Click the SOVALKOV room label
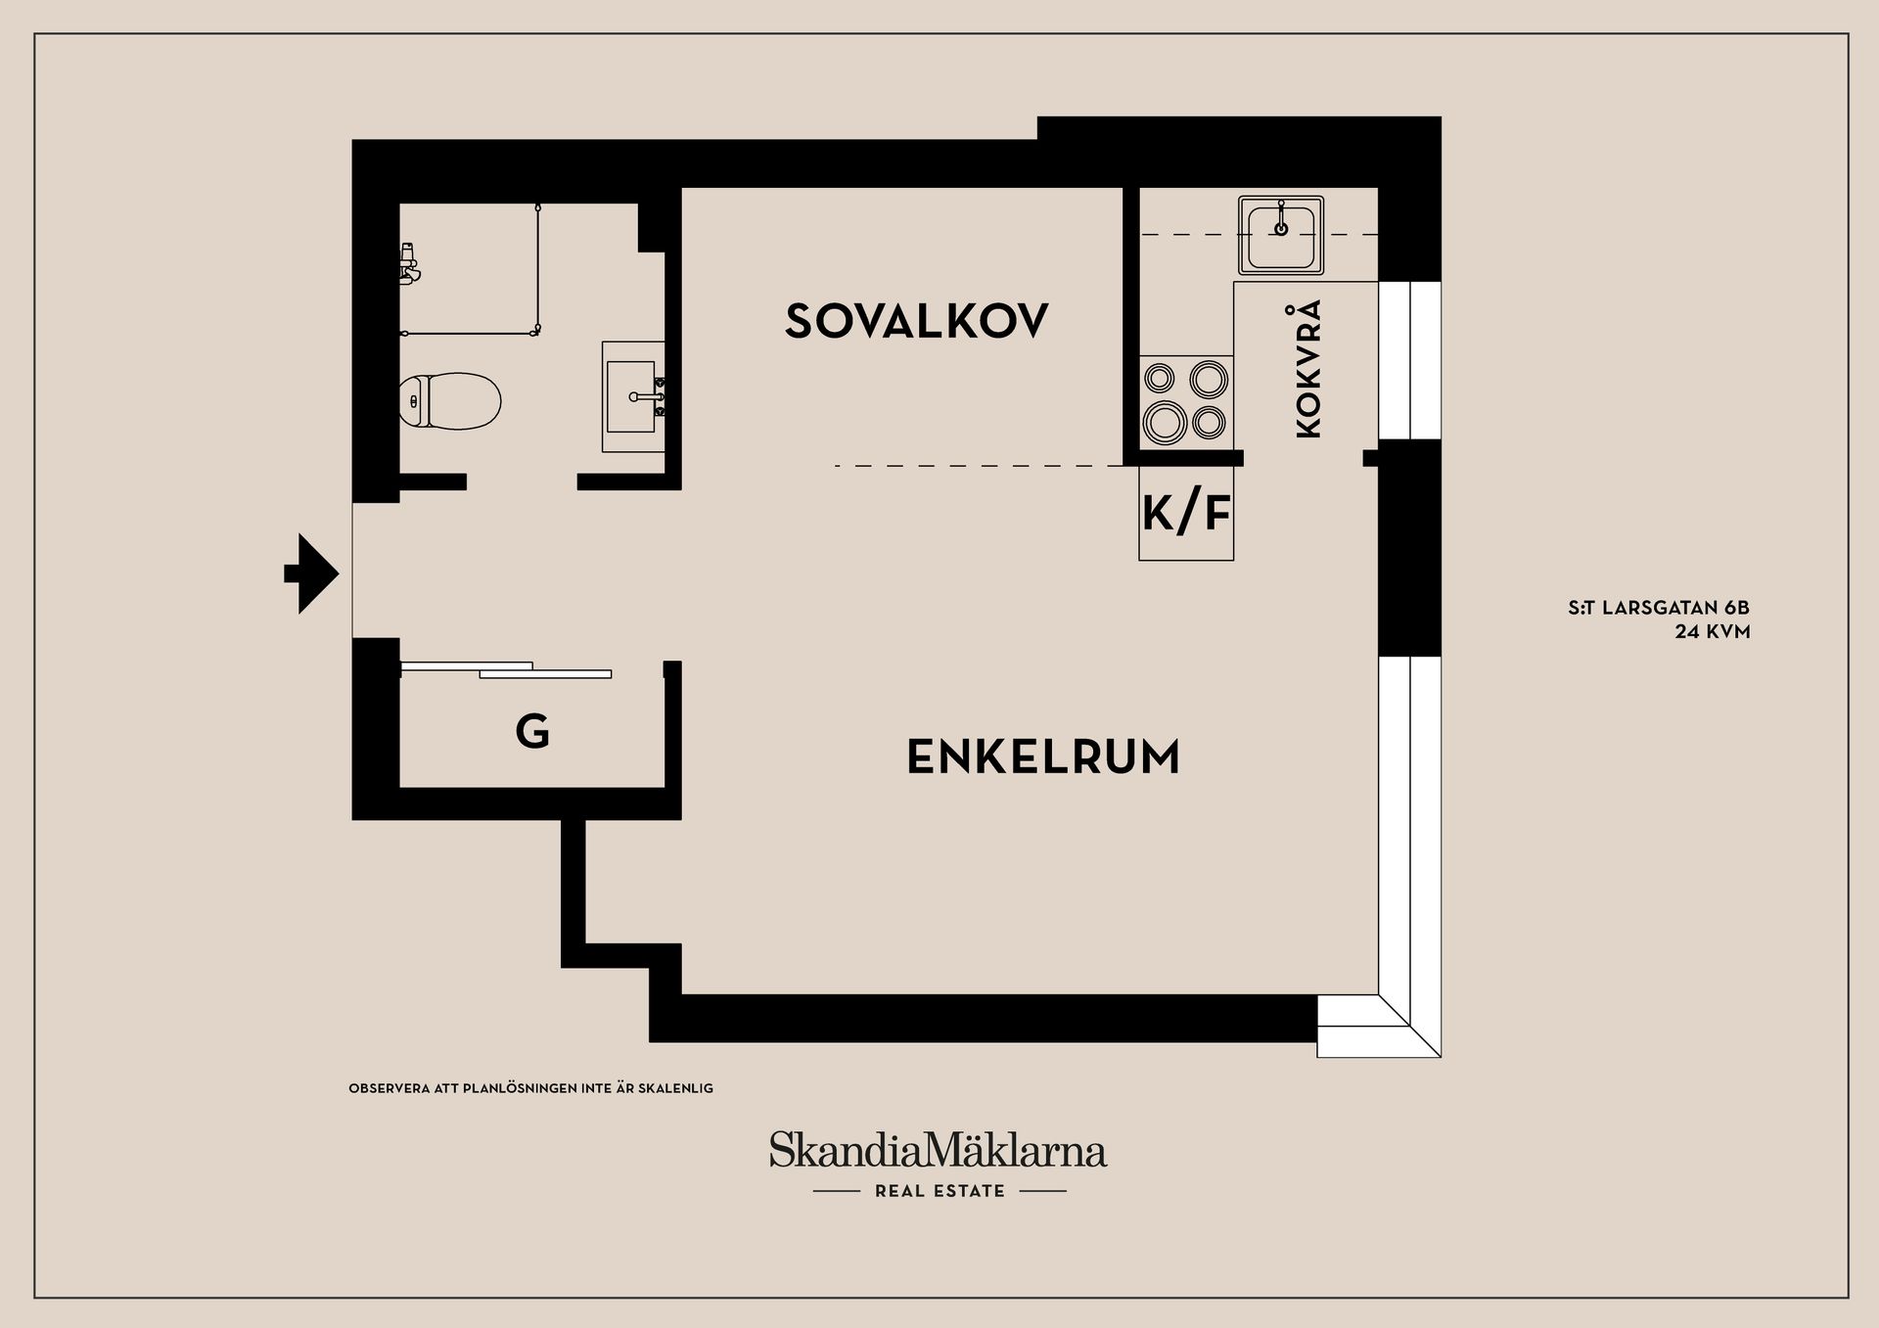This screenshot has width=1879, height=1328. click(x=916, y=321)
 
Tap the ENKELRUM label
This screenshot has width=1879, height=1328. click(x=1043, y=757)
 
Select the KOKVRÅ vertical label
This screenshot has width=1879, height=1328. click(x=1308, y=369)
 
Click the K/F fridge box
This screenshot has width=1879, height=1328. click(x=1186, y=513)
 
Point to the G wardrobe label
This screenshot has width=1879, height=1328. click(x=532, y=731)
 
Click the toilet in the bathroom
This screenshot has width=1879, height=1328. click(x=451, y=400)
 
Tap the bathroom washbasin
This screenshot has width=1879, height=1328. click(x=632, y=396)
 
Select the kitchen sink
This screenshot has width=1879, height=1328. click(x=1280, y=235)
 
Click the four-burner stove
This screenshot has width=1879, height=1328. click(x=1186, y=399)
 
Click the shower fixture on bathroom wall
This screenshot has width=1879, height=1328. click(x=410, y=262)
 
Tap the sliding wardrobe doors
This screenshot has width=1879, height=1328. click(x=507, y=670)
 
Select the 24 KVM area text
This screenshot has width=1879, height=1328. click(x=1712, y=632)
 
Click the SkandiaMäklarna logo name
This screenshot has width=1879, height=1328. click(x=938, y=1151)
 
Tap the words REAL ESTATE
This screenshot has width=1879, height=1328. click(x=939, y=1191)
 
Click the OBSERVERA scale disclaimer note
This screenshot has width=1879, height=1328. click(x=530, y=1088)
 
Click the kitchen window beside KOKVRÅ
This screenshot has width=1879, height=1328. click(x=1409, y=360)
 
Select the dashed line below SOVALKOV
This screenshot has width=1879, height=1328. click(x=979, y=466)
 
